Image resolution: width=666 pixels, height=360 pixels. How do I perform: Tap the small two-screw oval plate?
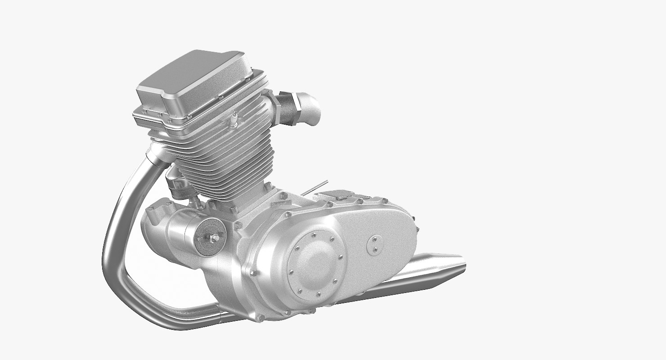(374, 244)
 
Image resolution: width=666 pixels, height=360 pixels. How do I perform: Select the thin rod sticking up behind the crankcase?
(311, 189)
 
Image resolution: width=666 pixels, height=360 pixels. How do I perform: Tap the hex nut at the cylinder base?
(268, 185)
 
